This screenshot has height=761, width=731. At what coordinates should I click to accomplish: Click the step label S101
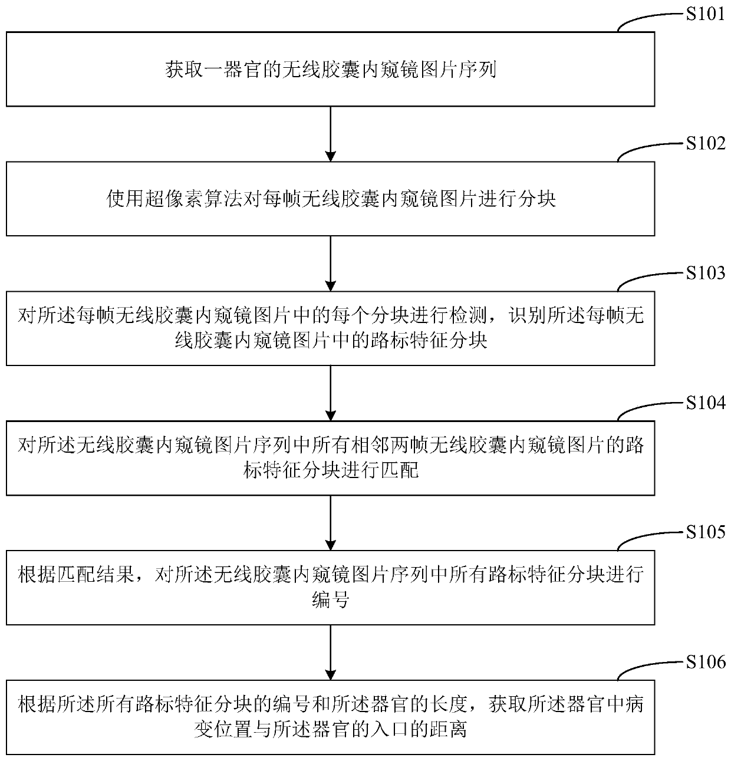[705, 14]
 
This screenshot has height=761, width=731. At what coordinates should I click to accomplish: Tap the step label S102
[705, 143]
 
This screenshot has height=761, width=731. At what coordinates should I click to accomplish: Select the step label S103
[705, 273]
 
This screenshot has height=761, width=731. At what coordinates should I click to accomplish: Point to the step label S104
[705, 403]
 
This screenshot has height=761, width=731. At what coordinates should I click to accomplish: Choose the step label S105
[705, 532]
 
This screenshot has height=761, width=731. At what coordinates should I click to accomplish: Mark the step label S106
[705, 663]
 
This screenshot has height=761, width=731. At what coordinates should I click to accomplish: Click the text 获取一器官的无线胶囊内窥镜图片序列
[330, 70]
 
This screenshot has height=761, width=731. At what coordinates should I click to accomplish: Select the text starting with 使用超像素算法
[330, 199]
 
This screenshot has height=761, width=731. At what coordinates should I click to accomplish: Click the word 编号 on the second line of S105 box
[330, 601]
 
